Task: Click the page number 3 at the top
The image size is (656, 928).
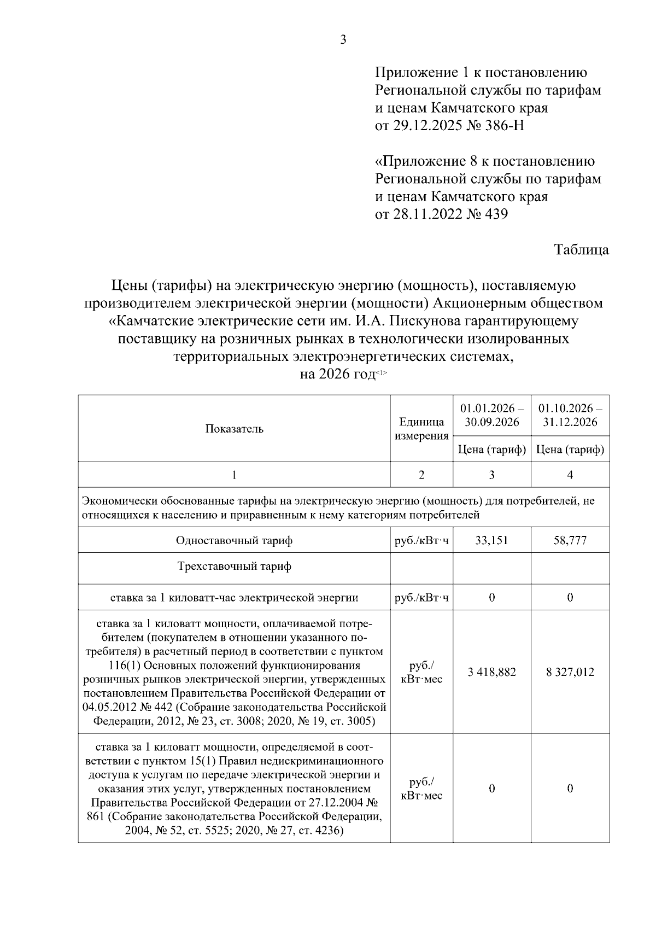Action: [x=343, y=39]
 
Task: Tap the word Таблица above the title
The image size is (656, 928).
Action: [x=581, y=250]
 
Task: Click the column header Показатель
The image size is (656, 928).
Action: [x=234, y=429]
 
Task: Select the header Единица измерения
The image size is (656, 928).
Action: [x=421, y=429]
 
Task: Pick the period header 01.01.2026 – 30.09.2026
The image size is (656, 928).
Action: [x=491, y=416]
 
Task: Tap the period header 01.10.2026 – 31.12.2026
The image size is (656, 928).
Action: [x=570, y=416]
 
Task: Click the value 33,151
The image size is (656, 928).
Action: [x=491, y=540]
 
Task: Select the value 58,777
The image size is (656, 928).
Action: [x=570, y=540]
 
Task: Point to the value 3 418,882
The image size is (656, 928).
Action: [x=491, y=672]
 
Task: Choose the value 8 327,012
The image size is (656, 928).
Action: [x=570, y=672]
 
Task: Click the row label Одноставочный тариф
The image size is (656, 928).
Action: [x=234, y=540]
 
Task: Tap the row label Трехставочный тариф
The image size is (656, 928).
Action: [x=234, y=566]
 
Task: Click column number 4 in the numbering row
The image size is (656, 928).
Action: [x=570, y=475]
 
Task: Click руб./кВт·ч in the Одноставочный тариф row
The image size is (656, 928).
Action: [x=421, y=540]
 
